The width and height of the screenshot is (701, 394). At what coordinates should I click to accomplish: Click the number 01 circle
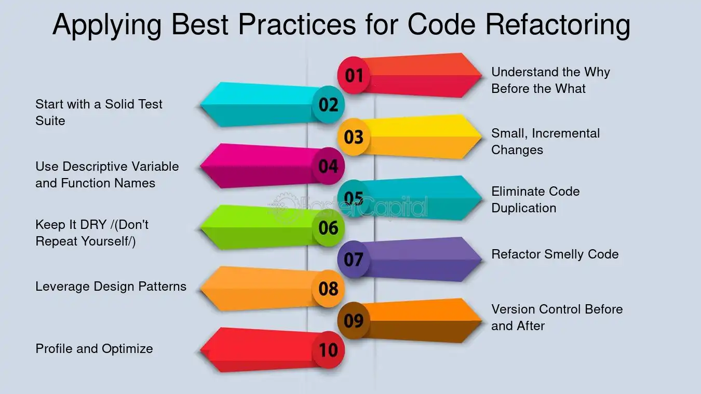pyautogui.click(x=354, y=75)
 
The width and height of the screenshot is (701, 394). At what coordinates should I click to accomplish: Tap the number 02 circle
pyautogui.click(x=328, y=104)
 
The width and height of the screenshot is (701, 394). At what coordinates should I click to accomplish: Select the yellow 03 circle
pyautogui.click(x=354, y=137)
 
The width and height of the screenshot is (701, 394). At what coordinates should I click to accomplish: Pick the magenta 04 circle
pyautogui.click(x=328, y=166)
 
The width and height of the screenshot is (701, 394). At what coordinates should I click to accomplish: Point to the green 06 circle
pyautogui.click(x=328, y=227)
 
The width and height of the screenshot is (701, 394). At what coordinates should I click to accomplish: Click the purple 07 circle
pyautogui.click(x=354, y=259)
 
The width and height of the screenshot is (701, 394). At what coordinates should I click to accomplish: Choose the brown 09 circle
pyautogui.click(x=354, y=320)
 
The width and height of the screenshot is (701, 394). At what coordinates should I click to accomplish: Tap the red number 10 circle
pyautogui.click(x=328, y=350)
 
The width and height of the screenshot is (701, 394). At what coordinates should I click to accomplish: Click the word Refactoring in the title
pyautogui.click(x=558, y=25)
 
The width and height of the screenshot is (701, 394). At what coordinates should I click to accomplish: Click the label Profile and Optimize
pyautogui.click(x=94, y=349)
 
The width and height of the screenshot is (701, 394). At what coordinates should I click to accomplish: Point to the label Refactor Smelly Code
pyautogui.click(x=555, y=254)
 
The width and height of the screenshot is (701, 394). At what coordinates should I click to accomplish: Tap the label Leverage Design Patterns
pyautogui.click(x=111, y=287)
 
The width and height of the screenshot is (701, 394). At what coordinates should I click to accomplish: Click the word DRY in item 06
pyautogui.click(x=93, y=224)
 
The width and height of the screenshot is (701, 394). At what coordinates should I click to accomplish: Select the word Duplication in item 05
pyautogui.click(x=523, y=208)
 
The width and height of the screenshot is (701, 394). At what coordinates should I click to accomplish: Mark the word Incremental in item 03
pyautogui.click(x=566, y=133)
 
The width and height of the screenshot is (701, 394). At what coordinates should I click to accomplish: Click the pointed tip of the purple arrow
pyautogui.click(x=482, y=260)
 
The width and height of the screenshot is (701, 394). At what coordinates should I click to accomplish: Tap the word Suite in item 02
pyautogui.click(x=50, y=121)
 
